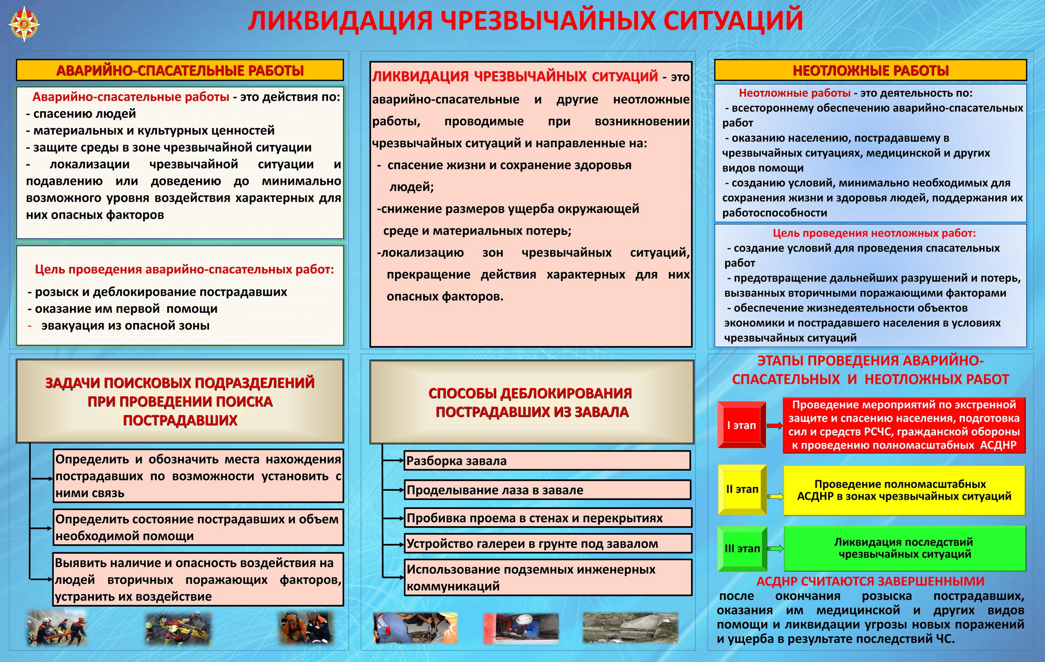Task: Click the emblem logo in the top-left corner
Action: click(x=25, y=24)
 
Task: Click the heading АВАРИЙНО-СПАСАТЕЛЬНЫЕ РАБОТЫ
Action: click(x=180, y=70)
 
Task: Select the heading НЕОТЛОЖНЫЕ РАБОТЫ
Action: click(x=870, y=70)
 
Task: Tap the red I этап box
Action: click(x=741, y=425)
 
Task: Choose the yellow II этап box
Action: click(x=742, y=489)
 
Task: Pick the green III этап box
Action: click(x=742, y=548)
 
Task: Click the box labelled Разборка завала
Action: click(x=547, y=460)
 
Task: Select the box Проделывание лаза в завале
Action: click(x=547, y=490)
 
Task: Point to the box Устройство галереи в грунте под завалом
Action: click(x=548, y=543)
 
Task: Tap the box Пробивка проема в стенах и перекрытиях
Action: click(x=548, y=518)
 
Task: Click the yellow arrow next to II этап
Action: click(x=775, y=496)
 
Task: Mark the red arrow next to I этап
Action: click(x=775, y=426)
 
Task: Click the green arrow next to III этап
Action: click(x=776, y=548)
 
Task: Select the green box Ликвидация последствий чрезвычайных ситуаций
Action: click(x=904, y=548)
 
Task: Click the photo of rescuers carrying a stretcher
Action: click(x=56, y=628)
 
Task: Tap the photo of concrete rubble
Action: click(x=630, y=628)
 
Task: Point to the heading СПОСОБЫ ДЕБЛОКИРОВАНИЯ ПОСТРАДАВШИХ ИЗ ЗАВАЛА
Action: click(x=531, y=403)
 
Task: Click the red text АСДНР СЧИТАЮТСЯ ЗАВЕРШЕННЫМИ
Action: click(x=870, y=581)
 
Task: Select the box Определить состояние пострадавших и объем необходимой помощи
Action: click(x=198, y=527)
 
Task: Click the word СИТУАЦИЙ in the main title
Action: click(x=733, y=21)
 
